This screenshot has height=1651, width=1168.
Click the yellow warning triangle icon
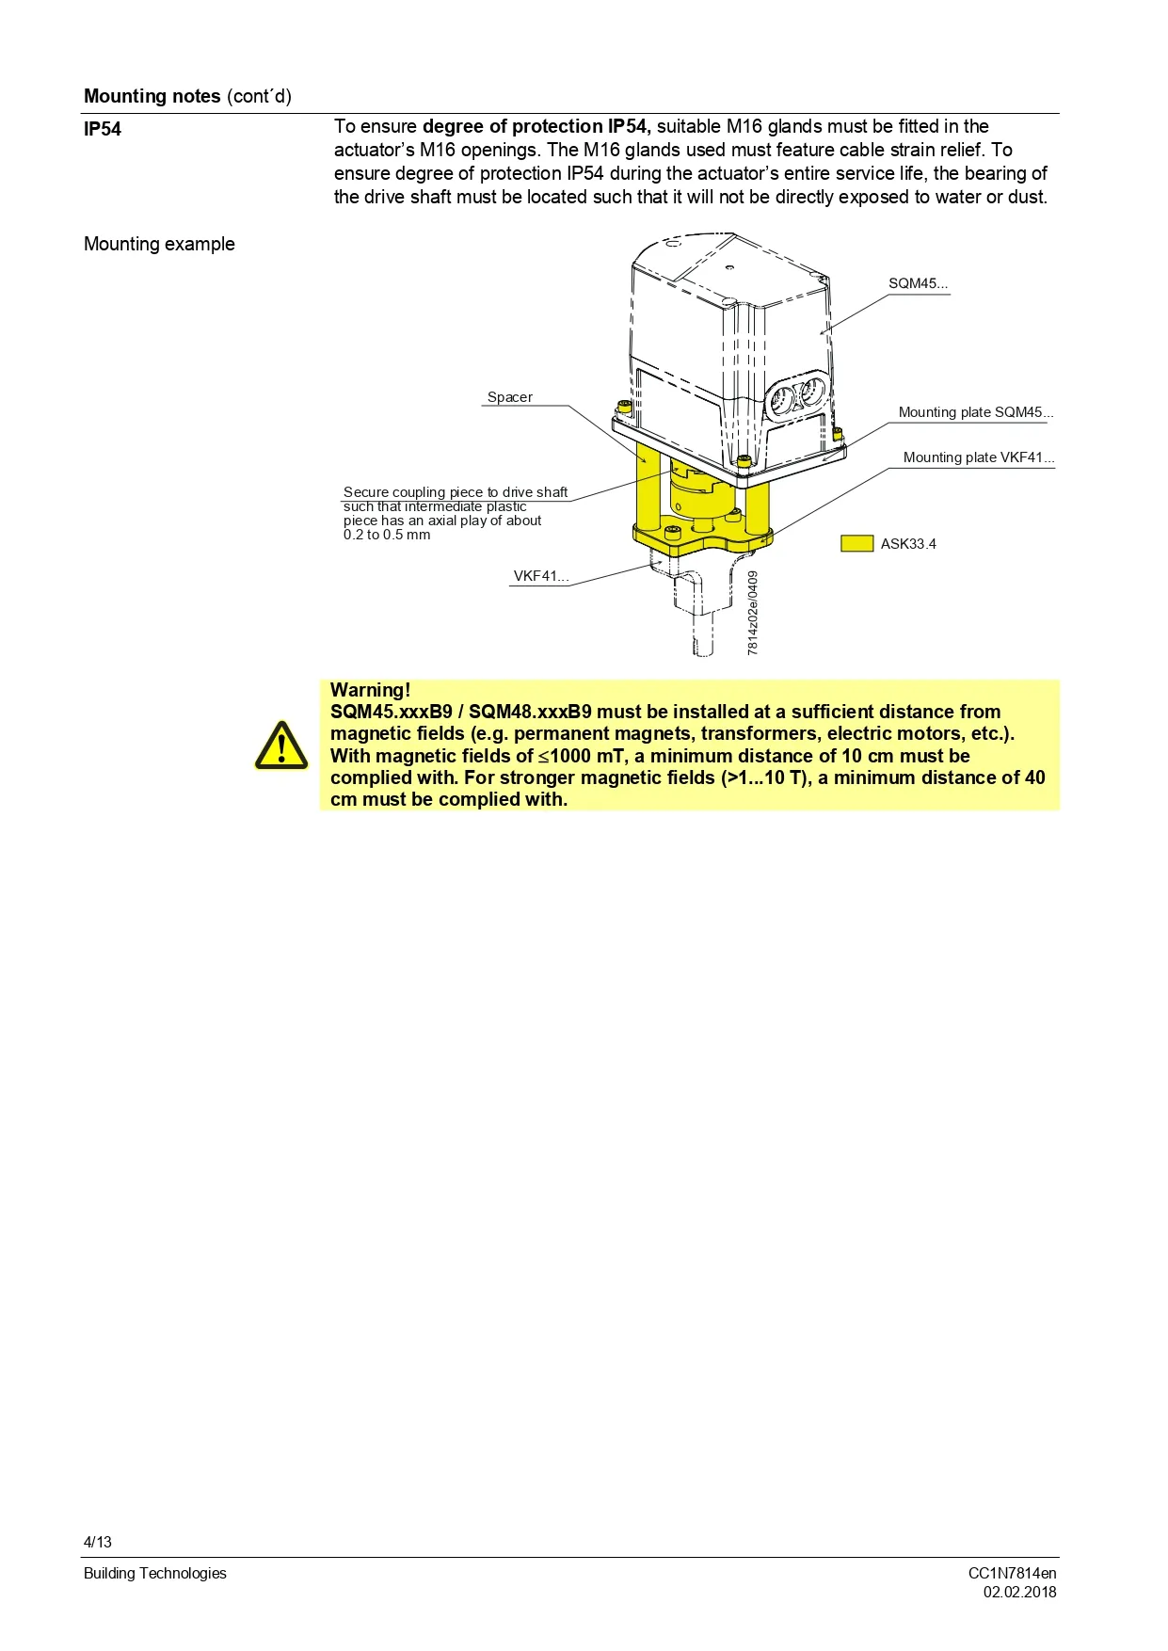click(x=280, y=745)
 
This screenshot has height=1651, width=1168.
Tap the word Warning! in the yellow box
click(x=370, y=690)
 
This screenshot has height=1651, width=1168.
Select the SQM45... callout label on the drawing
click(x=918, y=283)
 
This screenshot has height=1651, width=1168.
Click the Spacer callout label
click(x=509, y=397)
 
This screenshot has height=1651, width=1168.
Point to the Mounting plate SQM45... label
click(x=975, y=412)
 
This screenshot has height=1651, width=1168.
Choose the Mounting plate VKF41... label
click(x=978, y=457)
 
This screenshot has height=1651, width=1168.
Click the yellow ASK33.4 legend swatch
click(x=856, y=543)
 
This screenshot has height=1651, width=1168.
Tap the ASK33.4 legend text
click(x=908, y=544)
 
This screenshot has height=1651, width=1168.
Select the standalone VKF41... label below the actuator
click(x=540, y=576)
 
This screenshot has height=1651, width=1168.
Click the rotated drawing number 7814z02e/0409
click(x=753, y=612)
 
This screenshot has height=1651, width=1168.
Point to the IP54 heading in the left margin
click(x=103, y=129)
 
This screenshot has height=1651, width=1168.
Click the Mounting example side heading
click(x=159, y=244)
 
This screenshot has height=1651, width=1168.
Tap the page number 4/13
click(x=98, y=1542)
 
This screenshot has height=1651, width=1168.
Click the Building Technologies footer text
click(x=155, y=1573)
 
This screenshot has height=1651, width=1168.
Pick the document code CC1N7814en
click(x=1012, y=1573)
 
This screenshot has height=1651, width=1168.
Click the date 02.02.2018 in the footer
click(x=1019, y=1592)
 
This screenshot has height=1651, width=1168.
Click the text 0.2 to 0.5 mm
click(x=387, y=535)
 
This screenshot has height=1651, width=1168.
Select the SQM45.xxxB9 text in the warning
click(x=391, y=712)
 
